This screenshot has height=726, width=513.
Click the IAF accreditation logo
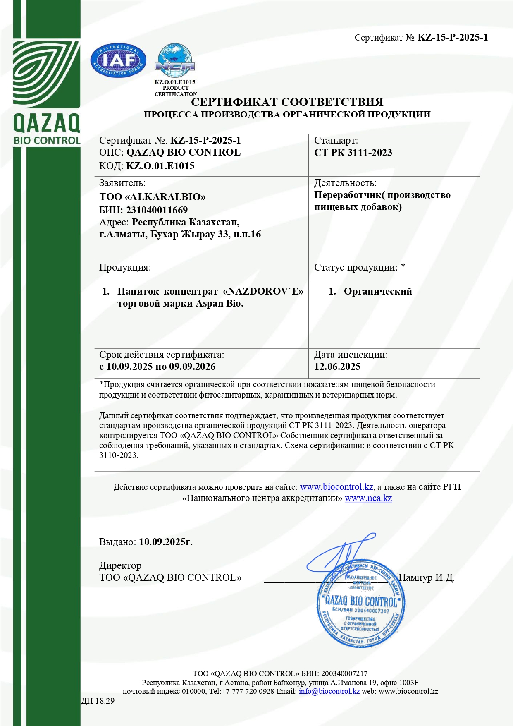(118, 61)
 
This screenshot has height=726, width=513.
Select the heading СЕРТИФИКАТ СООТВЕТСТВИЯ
(287, 102)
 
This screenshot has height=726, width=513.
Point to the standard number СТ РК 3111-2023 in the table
(353, 153)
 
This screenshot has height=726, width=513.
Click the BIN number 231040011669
(157, 210)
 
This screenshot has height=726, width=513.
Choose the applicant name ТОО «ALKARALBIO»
(152, 197)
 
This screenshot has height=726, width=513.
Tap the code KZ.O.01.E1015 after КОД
(160, 166)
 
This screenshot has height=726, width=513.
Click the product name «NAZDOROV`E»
(263, 291)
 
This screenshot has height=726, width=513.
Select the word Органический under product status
(378, 291)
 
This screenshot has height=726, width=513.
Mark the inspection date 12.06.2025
(337, 367)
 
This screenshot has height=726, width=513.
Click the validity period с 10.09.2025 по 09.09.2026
(157, 367)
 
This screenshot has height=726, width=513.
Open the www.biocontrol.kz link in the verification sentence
(336, 487)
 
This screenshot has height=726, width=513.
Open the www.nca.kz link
(368, 498)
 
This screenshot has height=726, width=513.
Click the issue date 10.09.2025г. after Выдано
(166, 542)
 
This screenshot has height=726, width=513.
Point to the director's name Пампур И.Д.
(426, 577)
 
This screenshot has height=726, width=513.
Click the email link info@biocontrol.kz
(329, 691)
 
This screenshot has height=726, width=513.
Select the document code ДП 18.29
(98, 701)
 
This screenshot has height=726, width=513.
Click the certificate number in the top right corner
(453, 38)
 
